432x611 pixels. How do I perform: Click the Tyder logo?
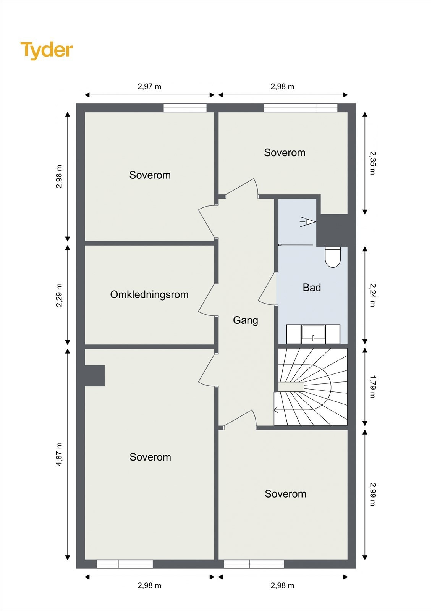coord(47,50)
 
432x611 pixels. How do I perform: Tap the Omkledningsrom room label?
coord(149,294)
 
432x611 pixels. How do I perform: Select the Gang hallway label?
coord(246,320)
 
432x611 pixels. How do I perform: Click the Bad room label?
coord(312,288)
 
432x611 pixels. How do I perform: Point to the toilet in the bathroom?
coord(333,257)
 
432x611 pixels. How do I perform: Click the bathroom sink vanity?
coord(313,334)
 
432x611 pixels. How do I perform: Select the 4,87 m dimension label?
coord(59,454)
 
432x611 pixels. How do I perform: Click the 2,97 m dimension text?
coord(149,86)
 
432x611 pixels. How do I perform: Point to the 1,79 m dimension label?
coord(372,386)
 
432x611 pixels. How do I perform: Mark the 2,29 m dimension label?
coord(59,295)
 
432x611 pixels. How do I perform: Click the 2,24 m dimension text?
coord(372,295)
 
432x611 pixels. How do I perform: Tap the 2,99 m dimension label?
coord(372,494)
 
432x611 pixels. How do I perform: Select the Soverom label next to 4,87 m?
coord(150,457)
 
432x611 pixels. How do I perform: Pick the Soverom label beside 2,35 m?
coord(285,152)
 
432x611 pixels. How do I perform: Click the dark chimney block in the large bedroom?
coord(94,376)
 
